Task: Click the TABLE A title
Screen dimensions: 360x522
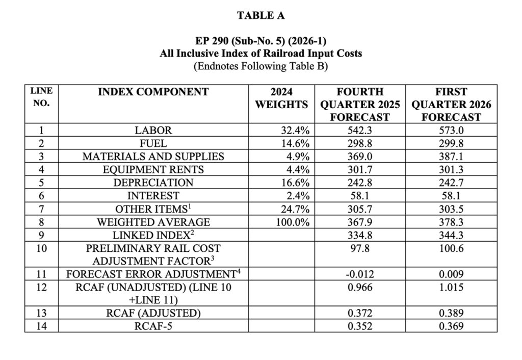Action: click(260, 15)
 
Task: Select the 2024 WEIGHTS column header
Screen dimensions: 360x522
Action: click(281, 98)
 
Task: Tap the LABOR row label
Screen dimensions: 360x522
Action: click(153, 131)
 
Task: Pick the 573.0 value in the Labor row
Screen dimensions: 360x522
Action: click(451, 131)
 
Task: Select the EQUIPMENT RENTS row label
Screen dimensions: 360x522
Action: click(153, 169)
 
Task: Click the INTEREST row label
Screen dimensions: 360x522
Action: click(153, 195)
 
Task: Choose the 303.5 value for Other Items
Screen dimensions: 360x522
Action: click(451, 209)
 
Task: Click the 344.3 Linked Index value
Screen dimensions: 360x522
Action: click(451, 235)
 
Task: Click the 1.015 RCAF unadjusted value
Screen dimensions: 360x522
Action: click(451, 288)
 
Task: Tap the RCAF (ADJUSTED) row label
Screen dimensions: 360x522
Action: click(153, 313)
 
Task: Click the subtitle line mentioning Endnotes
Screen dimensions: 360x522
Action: click(260, 66)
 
